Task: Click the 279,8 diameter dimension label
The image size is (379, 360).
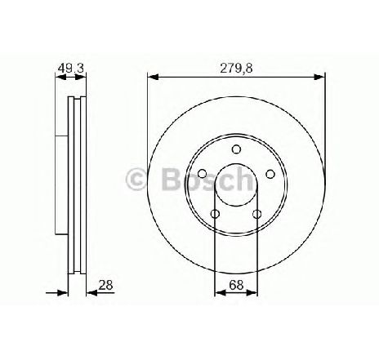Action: [x=236, y=69]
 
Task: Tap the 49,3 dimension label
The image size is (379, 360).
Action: [x=70, y=69]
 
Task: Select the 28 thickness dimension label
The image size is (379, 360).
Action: [x=105, y=285]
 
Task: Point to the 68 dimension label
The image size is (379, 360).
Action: [x=236, y=285]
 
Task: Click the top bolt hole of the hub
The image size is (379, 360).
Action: [x=236, y=149]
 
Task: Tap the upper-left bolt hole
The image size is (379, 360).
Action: [x=203, y=173]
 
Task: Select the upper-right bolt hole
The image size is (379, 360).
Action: [x=270, y=174]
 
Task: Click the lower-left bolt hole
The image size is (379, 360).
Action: [x=215, y=214]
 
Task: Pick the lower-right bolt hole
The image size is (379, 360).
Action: [x=257, y=214]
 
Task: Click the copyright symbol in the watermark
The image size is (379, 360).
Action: [x=136, y=179]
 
